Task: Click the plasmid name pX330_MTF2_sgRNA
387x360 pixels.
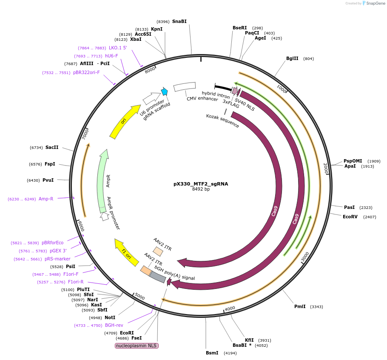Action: [201, 184]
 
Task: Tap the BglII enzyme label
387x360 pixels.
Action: [292, 59]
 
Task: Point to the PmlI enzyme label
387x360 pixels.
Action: [300, 306]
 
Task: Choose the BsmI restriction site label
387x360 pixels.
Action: [212, 353]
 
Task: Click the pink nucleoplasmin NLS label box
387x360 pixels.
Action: [137, 346]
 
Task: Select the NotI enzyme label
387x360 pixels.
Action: [110, 317]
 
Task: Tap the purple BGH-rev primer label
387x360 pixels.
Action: [114, 325]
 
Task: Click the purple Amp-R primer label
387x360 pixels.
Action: [46, 199]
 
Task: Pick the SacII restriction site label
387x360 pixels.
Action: [52, 147]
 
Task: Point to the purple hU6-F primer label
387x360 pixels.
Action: [111, 56]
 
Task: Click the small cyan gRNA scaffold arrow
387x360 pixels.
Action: [164, 91]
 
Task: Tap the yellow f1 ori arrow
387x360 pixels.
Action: [127, 253]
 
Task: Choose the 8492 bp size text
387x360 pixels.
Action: [201, 189]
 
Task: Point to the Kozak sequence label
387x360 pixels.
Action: [222, 121]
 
